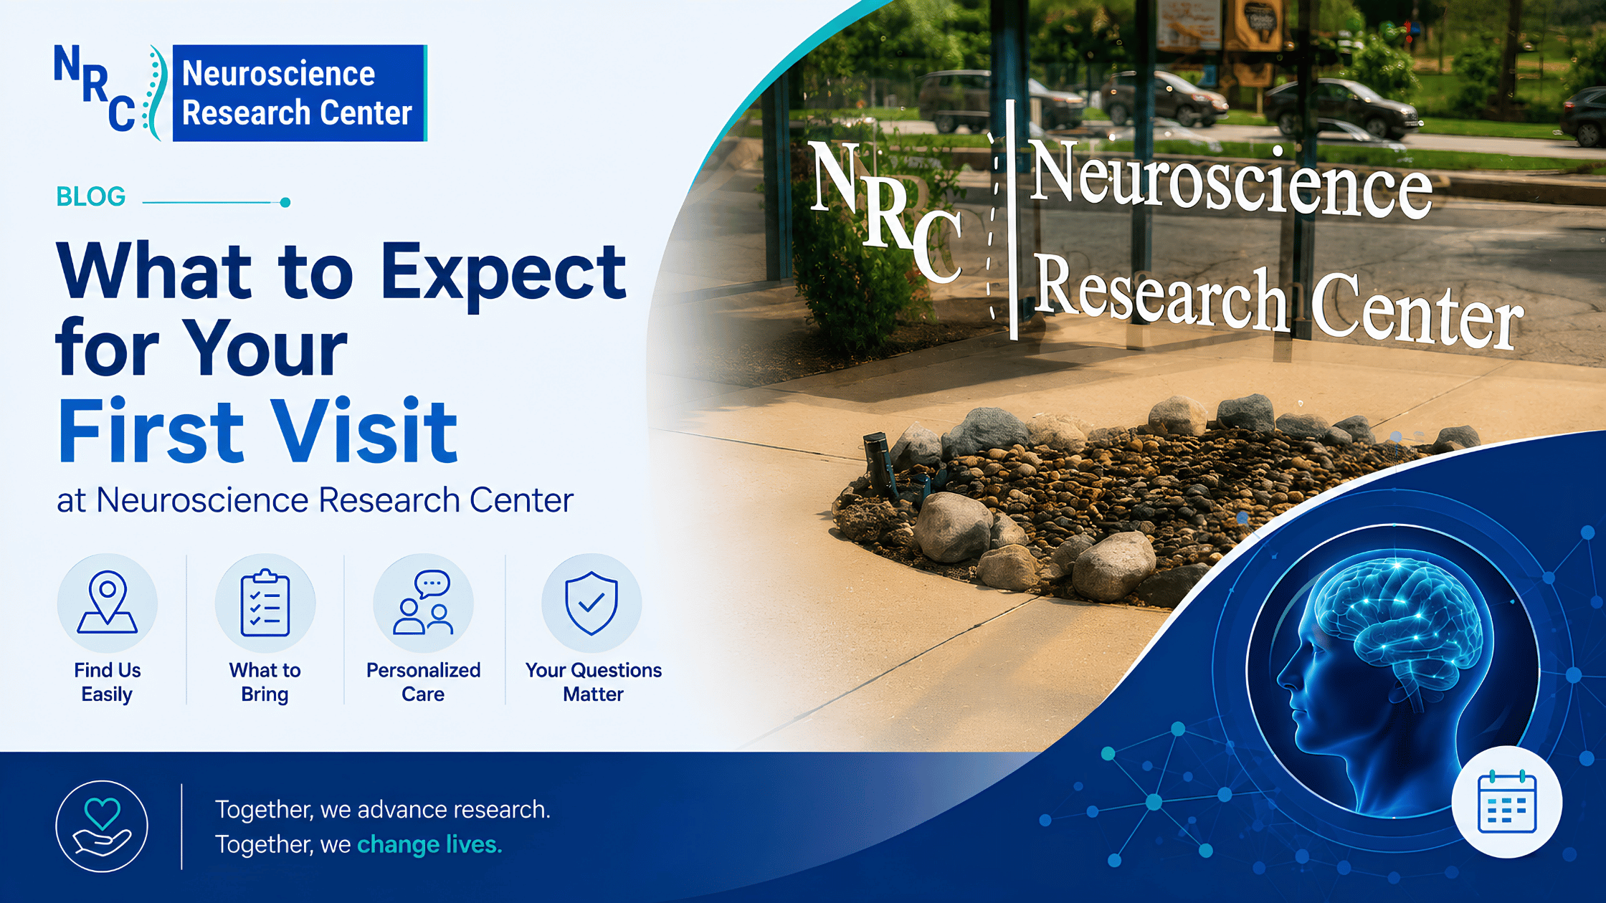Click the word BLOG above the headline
tap(91, 196)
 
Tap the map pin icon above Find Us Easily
tap(108, 602)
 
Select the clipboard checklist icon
tap(265, 603)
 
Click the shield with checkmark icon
tap(591, 603)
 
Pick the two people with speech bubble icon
tap(423, 603)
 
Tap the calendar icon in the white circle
tap(1507, 802)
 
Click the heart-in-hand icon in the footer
tap(102, 826)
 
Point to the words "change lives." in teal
tap(429, 844)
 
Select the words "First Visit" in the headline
tap(257, 431)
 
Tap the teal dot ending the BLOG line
tap(285, 202)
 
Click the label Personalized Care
tap(423, 682)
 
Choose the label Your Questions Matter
tap(594, 682)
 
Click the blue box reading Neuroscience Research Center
tap(300, 93)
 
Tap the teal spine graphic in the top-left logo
tap(157, 92)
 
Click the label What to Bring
tap(265, 682)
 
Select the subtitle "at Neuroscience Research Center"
tap(315, 500)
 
